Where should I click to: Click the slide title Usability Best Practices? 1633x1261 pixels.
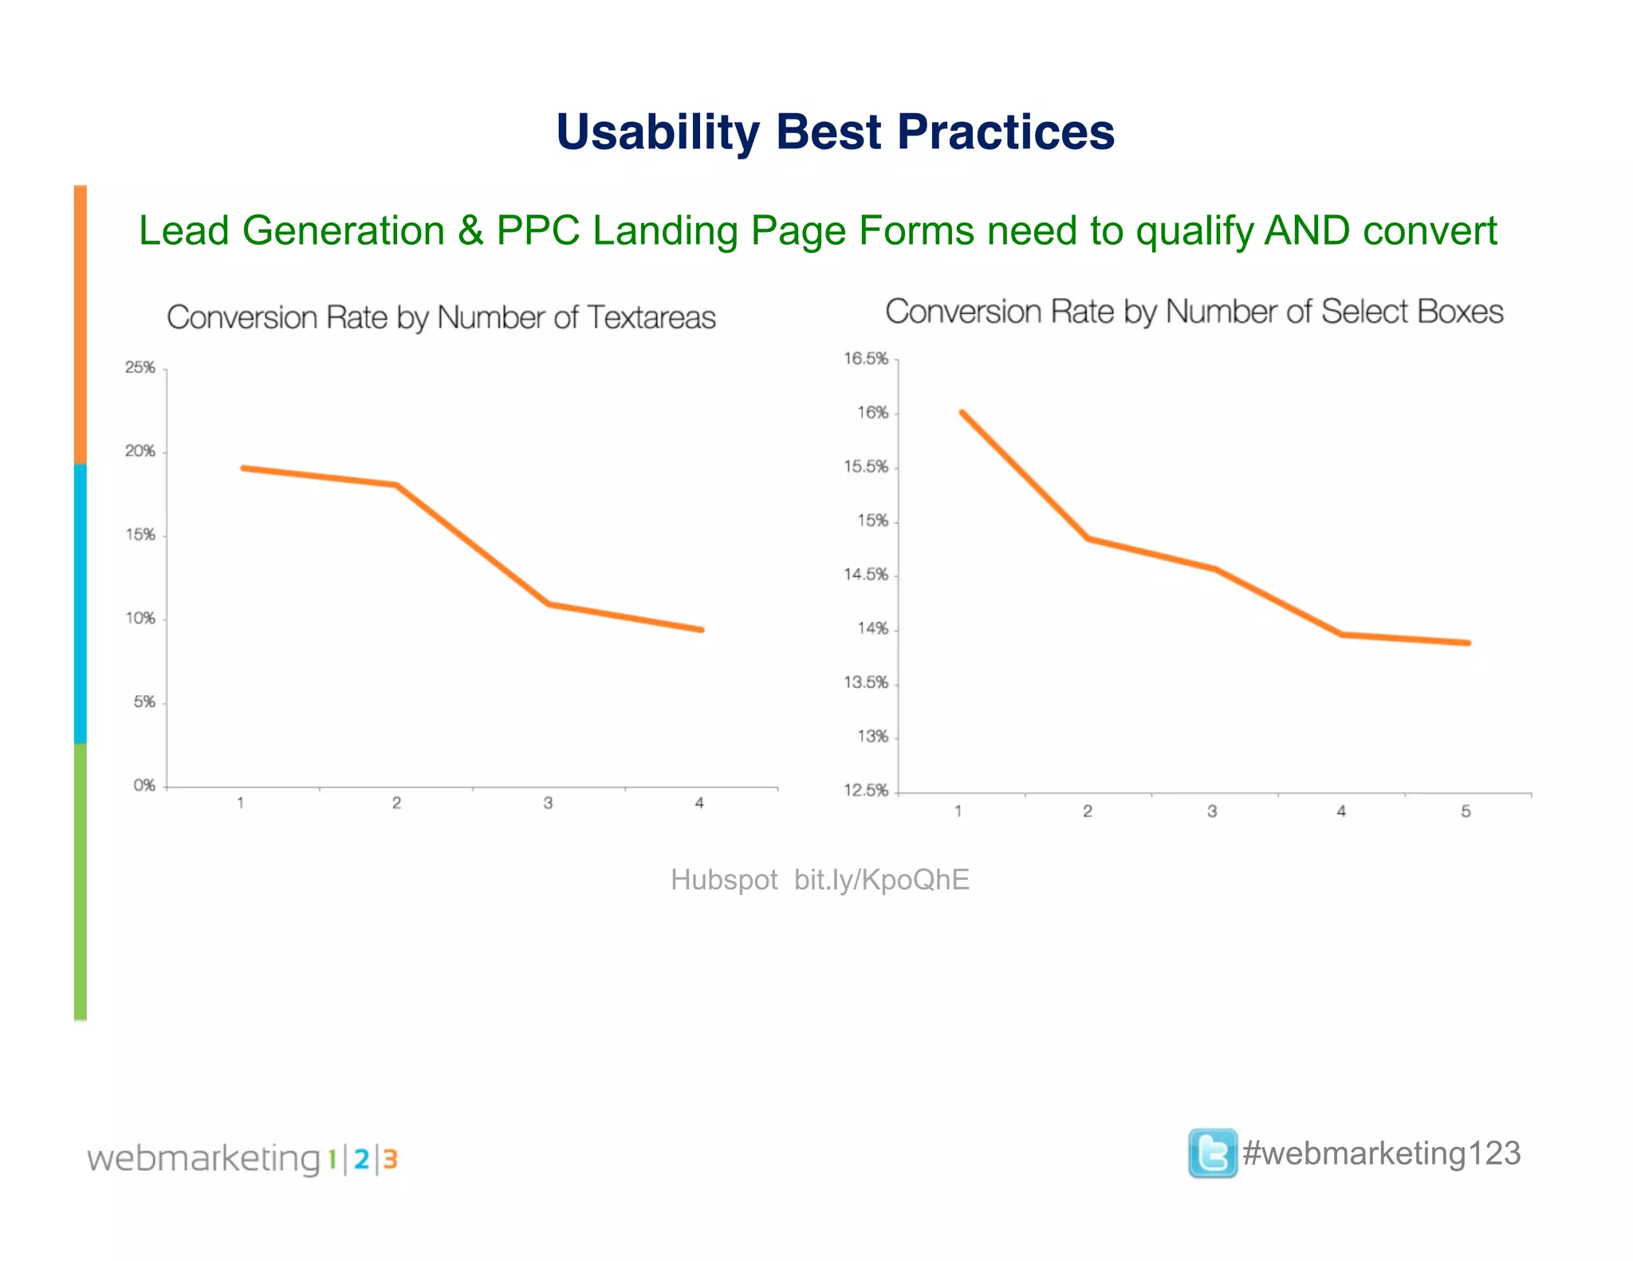(835, 132)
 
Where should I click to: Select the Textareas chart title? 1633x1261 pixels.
(441, 317)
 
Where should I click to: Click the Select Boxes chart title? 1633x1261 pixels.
(1194, 312)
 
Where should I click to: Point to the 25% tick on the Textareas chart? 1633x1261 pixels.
(140, 367)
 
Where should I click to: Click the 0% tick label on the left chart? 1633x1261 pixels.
(144, 785)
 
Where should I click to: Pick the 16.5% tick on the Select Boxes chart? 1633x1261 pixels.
(866, 359)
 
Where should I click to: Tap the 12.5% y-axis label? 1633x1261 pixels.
(866, 791)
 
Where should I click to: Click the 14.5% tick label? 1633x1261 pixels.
(866, 575)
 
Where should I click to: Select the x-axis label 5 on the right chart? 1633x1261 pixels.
(1466, 811)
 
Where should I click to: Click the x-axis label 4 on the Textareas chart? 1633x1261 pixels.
(699, 803)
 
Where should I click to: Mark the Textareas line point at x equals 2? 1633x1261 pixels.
(396, 485)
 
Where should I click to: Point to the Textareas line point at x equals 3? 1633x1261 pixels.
(549, 603)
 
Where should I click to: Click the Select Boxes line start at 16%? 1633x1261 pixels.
(962, 412)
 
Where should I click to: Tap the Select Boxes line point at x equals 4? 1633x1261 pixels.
(1342, 634)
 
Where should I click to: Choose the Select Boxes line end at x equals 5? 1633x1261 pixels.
(1468, 642)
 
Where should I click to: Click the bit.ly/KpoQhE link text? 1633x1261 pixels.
(882, 880)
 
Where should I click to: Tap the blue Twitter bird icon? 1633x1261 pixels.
(1212, 1153)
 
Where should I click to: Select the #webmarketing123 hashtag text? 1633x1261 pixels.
(1382, 1153)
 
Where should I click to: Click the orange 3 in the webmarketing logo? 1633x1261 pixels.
(390, 1159)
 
